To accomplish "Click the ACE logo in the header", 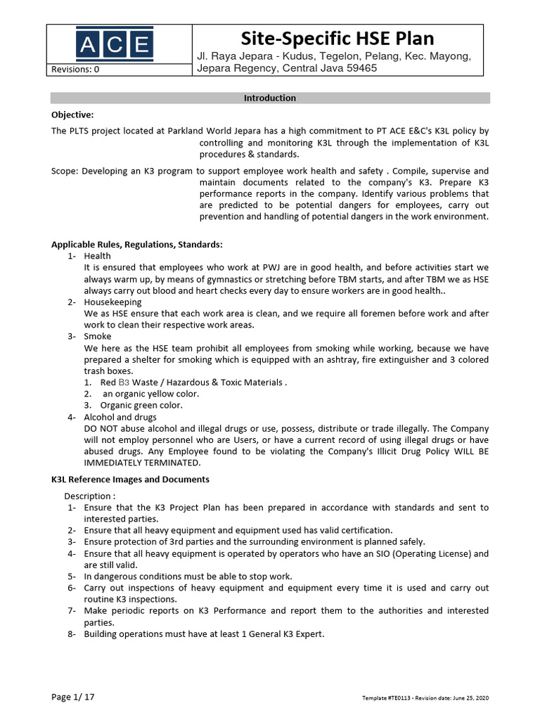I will [115, 44].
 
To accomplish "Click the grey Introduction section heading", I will [269, 98].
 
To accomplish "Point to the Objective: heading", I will [72, 114].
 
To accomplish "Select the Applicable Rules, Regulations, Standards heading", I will [136, 245].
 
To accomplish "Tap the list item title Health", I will [97, 257].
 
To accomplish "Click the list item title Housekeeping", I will [112, 302].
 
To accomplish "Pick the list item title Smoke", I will [97, 337].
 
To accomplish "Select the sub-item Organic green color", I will [141, 406].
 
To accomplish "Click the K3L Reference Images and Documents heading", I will [130, 480].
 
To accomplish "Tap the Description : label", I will [89, 496].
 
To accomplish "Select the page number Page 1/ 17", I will [73, 697].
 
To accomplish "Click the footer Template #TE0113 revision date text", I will [425, 697].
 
